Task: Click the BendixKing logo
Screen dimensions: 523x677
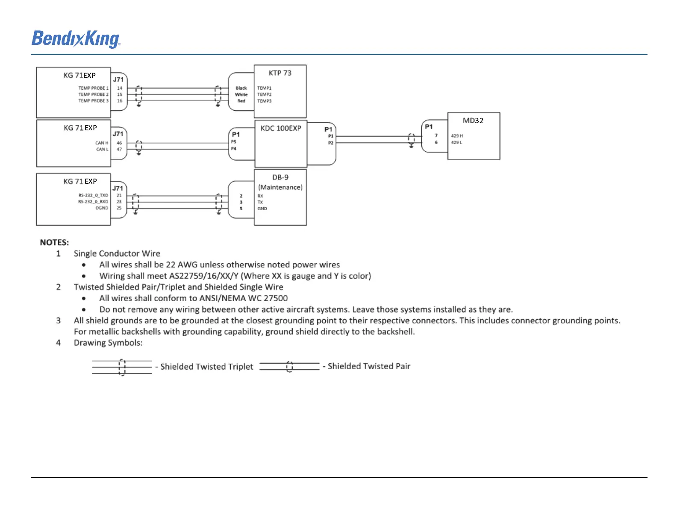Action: pos(76,39)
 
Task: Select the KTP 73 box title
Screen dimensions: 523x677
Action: pos(280,73)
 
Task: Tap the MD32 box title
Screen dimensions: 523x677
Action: pos(473,120)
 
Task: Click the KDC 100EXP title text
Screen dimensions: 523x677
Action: pos(281,128)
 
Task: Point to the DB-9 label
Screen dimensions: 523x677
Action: pos(280,177)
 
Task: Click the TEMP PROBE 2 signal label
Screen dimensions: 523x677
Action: pos(93,94)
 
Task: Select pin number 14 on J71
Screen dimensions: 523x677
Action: pos(120,88)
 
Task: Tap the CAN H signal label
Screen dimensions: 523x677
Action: pos(102,143)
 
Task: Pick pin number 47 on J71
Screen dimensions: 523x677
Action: pos(119,150)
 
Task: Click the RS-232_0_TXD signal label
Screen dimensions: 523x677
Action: pos(93,195)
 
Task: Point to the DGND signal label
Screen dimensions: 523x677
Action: pos(102,208)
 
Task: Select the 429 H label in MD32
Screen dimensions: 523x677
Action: pos(457,136)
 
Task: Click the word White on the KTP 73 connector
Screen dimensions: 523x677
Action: pos(241,95)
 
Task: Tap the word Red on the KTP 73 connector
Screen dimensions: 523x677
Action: pos(241,101)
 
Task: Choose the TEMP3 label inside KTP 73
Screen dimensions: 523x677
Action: pos(264,101)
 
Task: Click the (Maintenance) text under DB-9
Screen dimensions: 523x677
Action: pos(280,187)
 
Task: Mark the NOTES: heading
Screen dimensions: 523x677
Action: pos(54,242)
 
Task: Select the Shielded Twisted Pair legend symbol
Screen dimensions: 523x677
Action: pos(289,367)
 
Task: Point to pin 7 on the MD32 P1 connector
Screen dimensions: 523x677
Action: pos(436,135)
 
